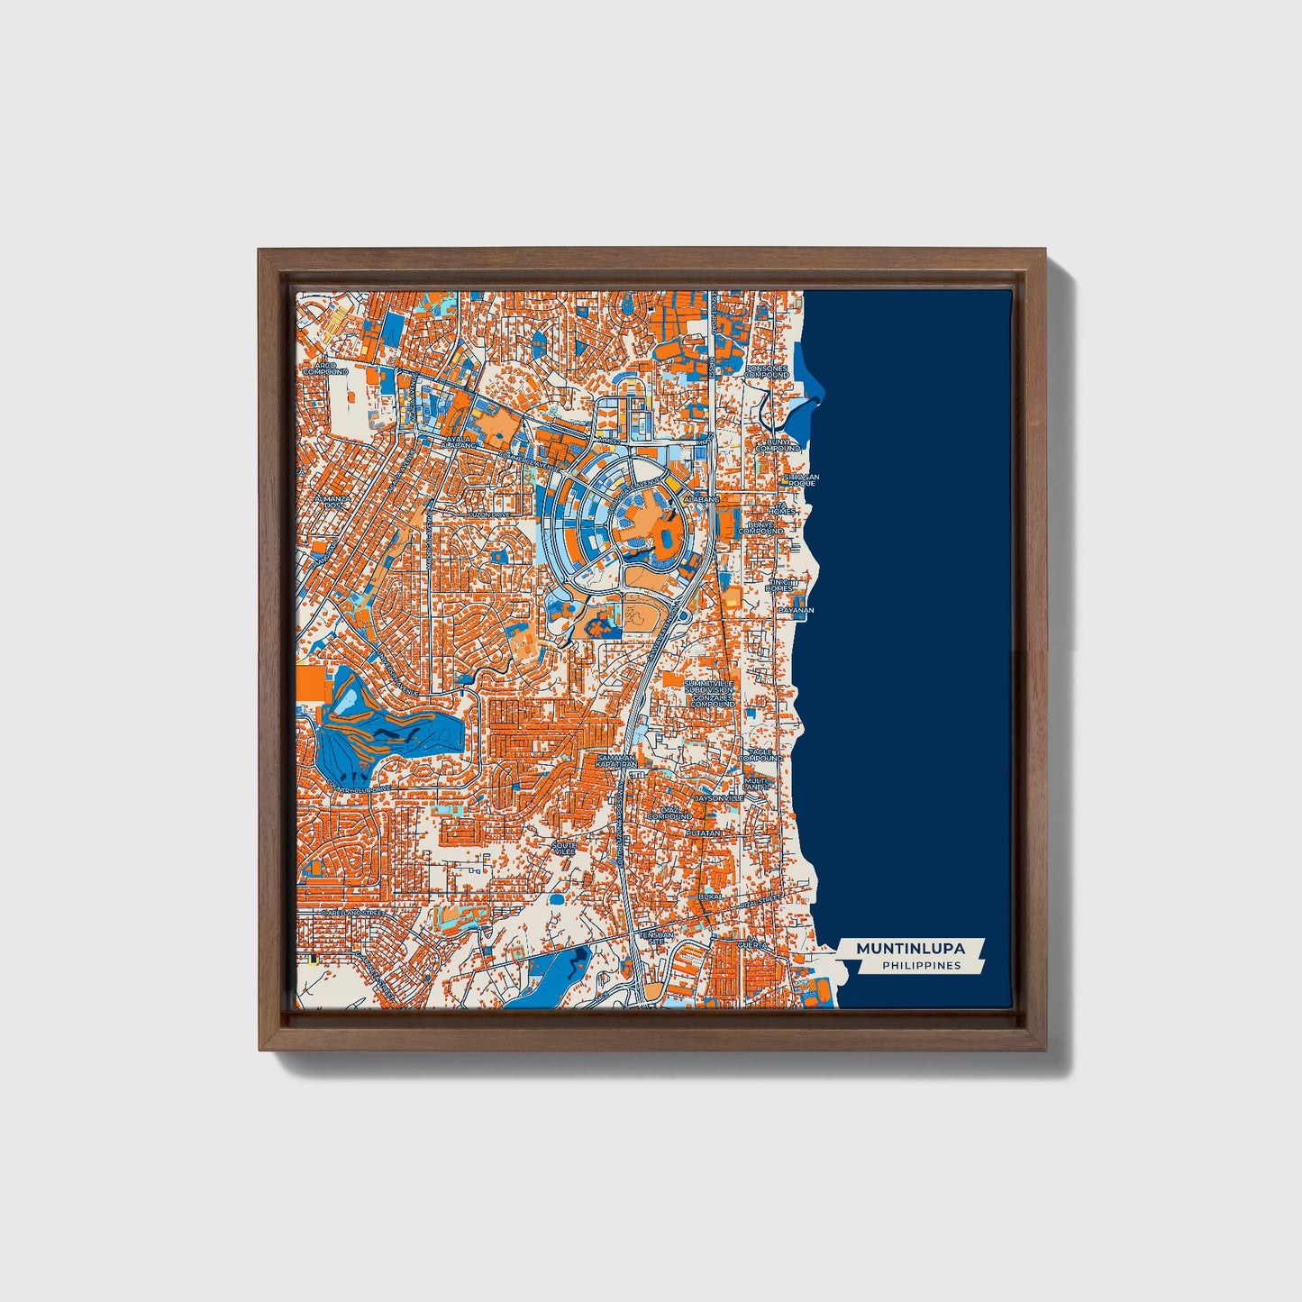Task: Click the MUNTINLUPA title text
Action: pyautogui.click(x=909, y=948)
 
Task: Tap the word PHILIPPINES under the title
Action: pyautogui.click(x=921, y=966)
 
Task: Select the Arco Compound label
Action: pyautogui.click(x=324, y=368)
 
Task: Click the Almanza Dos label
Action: pyautogui.click(x=330, y=501)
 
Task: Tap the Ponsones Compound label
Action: pyautogui.click(x=767, y=371)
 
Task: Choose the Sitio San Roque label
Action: pyautogui.click(x=799, y=479)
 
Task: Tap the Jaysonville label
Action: pyautogui.click(x=719, y=798)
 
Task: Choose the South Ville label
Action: pyautogui.click(x=564, y=848)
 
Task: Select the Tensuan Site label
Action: pyautogui.click(x=655, y=937)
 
